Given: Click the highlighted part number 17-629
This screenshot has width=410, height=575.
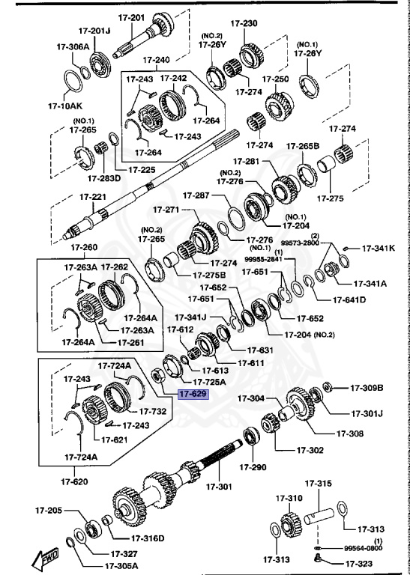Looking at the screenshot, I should pos(192,392).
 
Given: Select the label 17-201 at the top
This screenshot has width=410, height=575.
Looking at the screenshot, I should pos(131,17).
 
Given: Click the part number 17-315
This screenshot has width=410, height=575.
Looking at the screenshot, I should pos(318,485).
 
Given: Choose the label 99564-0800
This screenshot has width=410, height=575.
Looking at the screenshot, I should pos(363,547).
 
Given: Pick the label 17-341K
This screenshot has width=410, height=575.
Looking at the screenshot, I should pos(378,248).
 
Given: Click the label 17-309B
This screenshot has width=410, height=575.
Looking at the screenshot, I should pos(367,388).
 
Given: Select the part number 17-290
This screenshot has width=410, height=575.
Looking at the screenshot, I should pos(253,467).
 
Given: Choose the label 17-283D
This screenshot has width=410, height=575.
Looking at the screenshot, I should pos(101,178).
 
